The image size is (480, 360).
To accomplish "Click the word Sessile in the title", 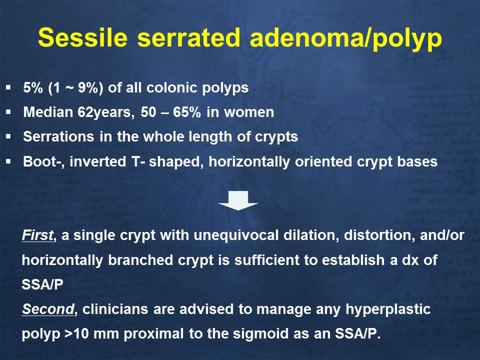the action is pos(82,37).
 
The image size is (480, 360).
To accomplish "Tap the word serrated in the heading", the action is pos(188,38).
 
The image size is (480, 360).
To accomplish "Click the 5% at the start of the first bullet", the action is pos(33,88).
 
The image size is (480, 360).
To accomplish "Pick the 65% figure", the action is pos(186,112).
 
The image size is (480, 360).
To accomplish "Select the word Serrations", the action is pos(58,136).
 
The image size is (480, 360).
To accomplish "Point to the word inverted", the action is pos(97,161).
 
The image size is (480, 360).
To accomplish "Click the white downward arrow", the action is pos(238,200).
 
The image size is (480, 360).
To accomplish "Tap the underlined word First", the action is pos(37,235).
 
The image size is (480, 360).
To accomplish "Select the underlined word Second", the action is pos(48,309).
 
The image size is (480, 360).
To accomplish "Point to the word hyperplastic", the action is pos(388,309).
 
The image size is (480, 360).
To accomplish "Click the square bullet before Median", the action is pos(8,112).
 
